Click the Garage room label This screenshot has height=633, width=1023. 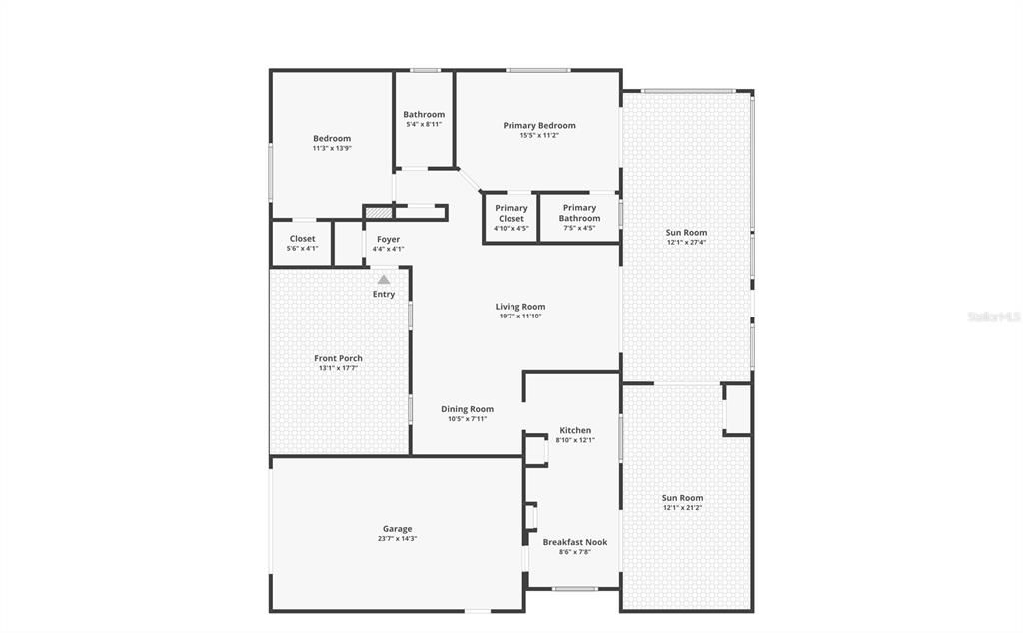pos(397,529)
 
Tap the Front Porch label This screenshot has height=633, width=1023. pos(338,358)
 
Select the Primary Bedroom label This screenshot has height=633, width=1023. pos(539,125)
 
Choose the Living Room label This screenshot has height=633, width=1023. pos(520,307)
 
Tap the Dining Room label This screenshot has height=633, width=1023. pos(467,409)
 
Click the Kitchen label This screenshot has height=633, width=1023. pos(575,430)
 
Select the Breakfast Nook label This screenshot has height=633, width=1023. pos(574,542)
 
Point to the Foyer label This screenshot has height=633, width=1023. pos(388,239)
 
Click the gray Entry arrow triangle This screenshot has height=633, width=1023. pos(383,281)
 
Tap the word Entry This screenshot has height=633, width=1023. pos(384,294)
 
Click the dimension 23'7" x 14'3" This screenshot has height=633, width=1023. pos(397,539)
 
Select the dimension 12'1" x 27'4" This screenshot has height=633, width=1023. pos(686,242)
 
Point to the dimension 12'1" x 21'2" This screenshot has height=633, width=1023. pos(682,508)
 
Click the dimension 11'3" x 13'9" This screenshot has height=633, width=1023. pos(332,148)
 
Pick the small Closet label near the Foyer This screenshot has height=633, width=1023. pos(302,239)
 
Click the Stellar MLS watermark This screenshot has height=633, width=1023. pos(993,316)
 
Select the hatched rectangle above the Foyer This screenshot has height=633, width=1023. pos(379,212)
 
